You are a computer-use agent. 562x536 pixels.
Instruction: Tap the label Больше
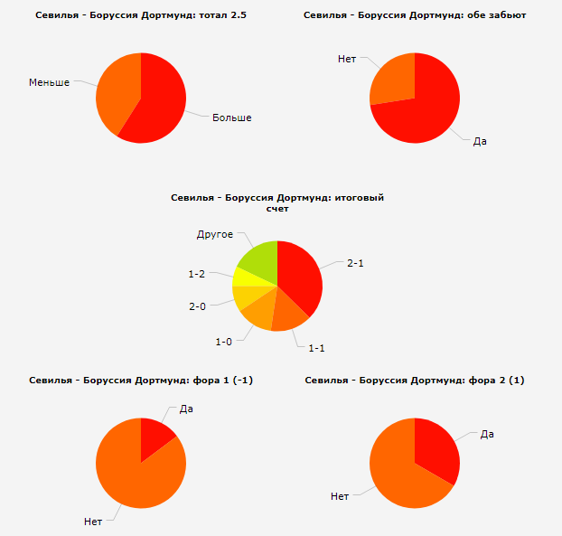coord(231,118)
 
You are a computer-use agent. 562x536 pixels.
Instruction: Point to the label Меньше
coord(49,82)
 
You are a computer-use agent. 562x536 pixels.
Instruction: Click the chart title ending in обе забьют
coord(415,15)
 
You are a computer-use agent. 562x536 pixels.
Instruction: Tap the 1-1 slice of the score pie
coord(288,312)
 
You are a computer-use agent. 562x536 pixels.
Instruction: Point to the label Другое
coord(215,235)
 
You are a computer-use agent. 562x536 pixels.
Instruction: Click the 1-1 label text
coord(316,347)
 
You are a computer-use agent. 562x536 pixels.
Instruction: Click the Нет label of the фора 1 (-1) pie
coord(92,521)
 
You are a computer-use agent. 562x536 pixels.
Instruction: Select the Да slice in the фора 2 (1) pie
coord(438,452)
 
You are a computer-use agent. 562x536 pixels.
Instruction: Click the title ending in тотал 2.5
coord(140,15)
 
